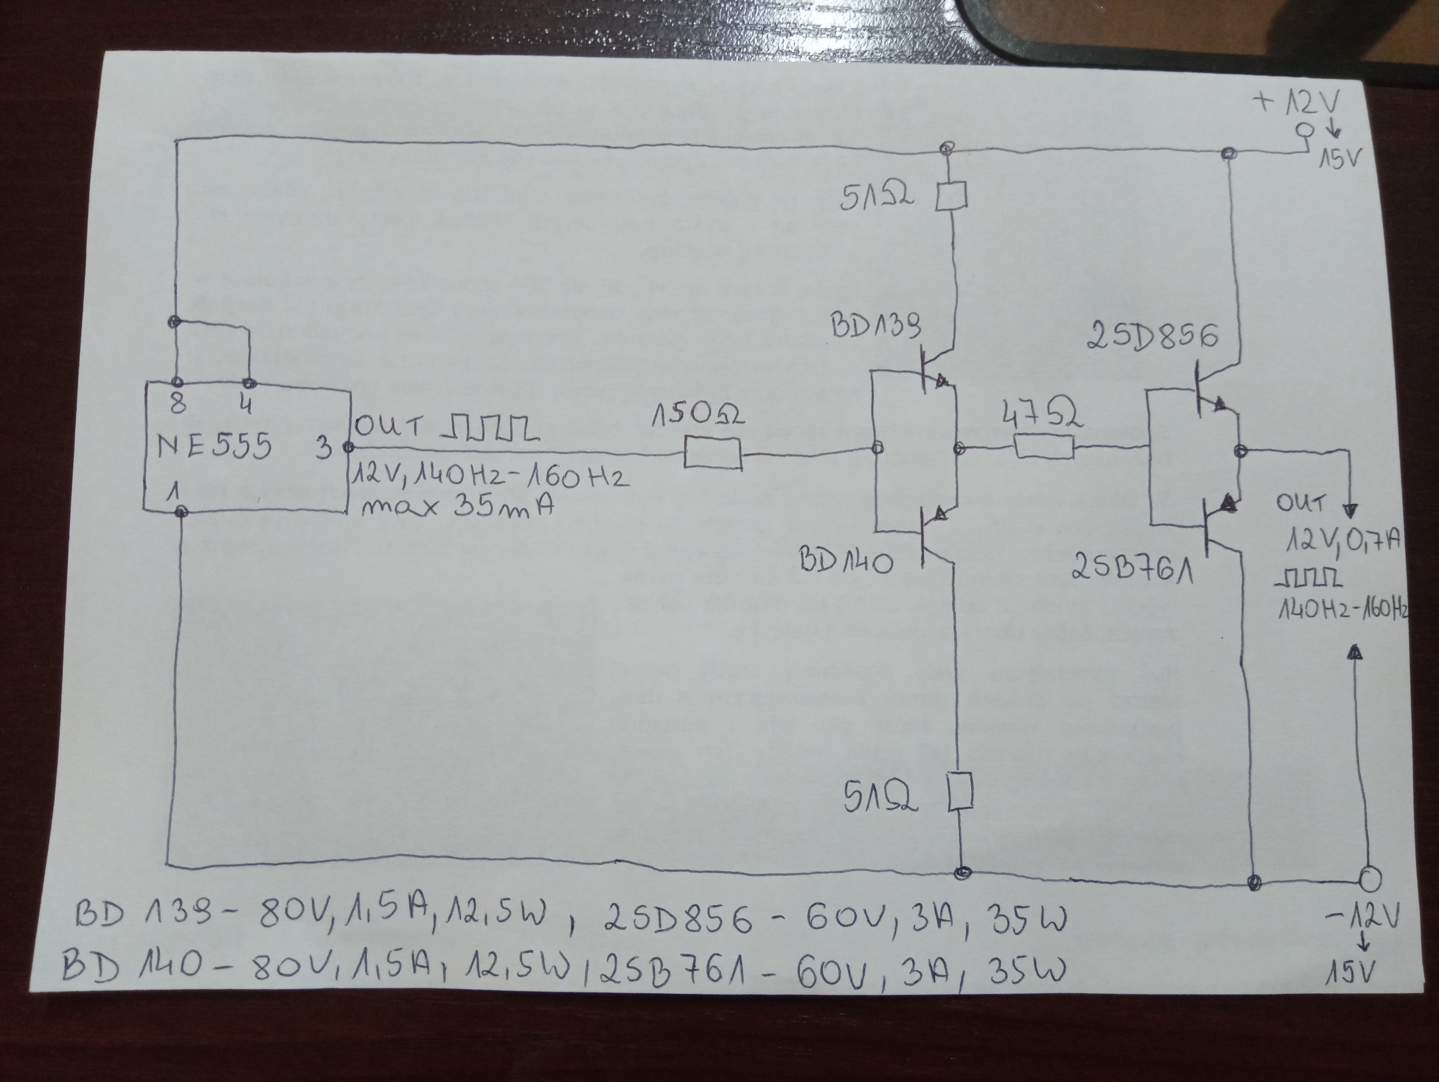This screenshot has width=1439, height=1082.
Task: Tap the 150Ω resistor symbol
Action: pyautogui.click(x=713, y=453)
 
